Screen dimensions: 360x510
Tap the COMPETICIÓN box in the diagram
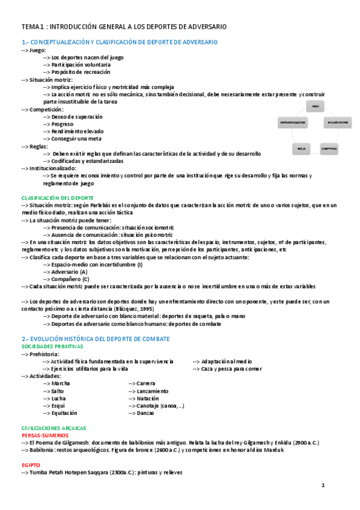pyautogui.click(x=328, y=148)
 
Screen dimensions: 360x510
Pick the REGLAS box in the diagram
pyautogui.click(x=301, y=148)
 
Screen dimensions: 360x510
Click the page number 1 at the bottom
pyautogui.click(x=323, y=485)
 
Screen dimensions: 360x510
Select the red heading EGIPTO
pyautogui.click(x=31, y=465)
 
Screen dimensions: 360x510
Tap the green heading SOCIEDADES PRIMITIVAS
pyautogui.click(x=52, y=346)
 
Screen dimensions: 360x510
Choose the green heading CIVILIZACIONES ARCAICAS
pyautogui.click(x=53, y=427)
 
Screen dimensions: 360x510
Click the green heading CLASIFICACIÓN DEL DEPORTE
pyautogui.click(x=58, y=197)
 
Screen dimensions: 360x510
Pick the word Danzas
pyautogui.click(x=145, y=413)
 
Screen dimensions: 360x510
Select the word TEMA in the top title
pyautogui.click(x=30, y=28)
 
